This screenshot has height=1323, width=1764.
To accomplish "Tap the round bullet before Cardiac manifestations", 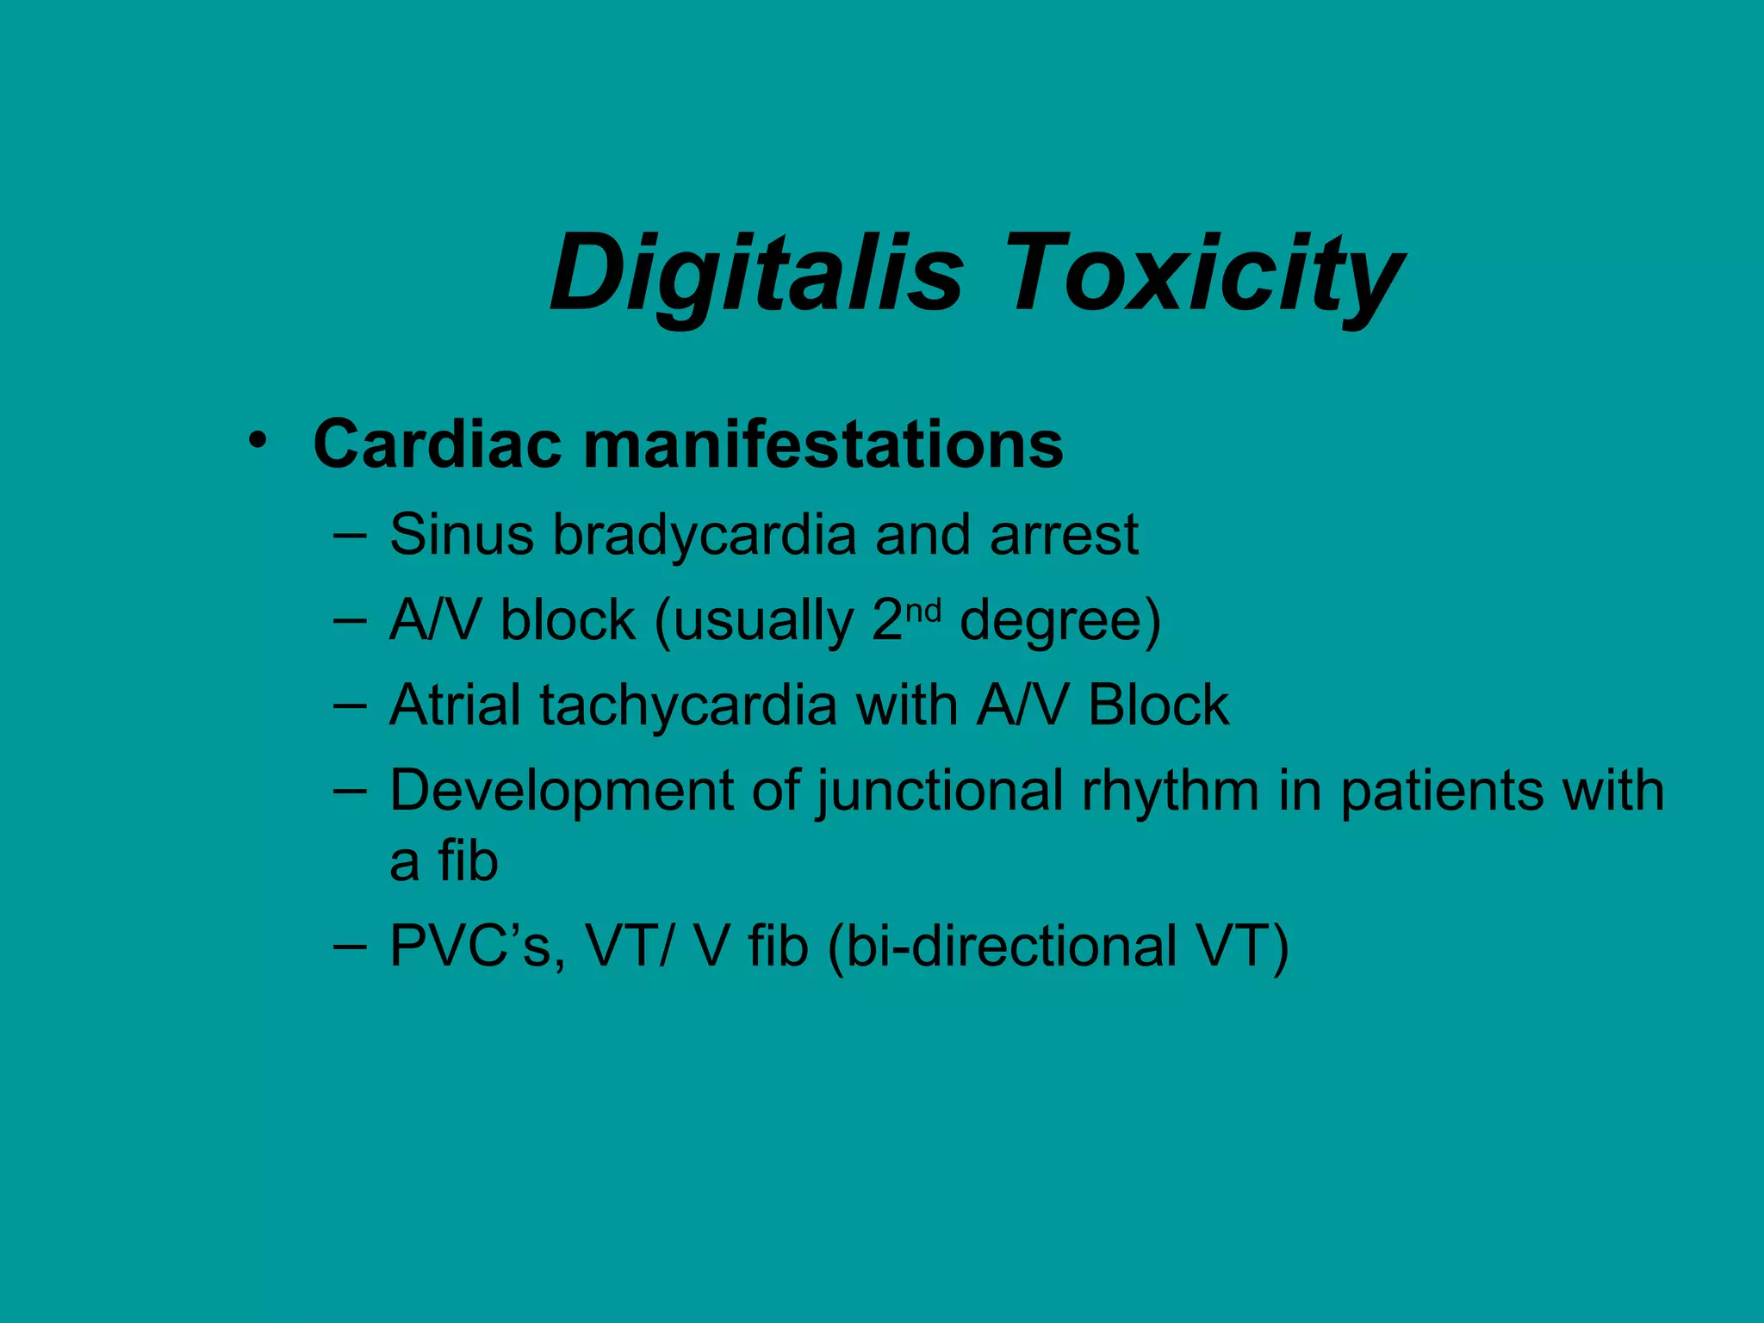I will (256, 441).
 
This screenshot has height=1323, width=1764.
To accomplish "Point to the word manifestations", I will (823, 444).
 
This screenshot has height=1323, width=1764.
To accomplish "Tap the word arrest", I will (1064, 536).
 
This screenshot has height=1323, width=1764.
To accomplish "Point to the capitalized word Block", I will (1158, 705).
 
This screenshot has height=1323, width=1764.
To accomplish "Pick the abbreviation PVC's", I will (476, 947).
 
